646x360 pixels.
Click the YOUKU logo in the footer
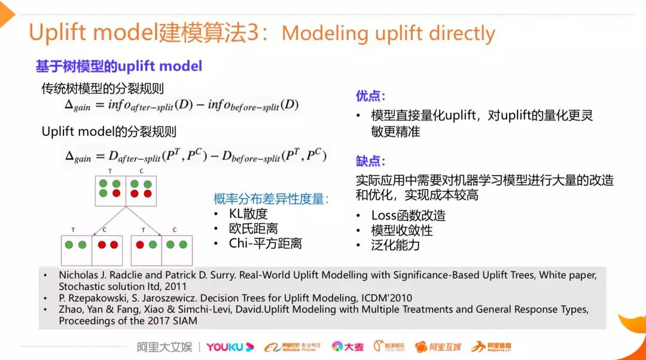pyautogui.click(x=230, y=347)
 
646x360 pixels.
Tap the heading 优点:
pyautogui.click(x=370, y=96)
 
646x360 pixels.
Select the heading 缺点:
pyautogui.click(x=370, y=161)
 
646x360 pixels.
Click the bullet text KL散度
pyautogui.click(x=248, y=213)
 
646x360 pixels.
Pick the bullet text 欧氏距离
pyautogui.click(x=253, y=228)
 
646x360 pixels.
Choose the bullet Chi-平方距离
pyautogui.click(x=265, y=243)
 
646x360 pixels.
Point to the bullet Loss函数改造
pyautogui.click(x=408, y=215)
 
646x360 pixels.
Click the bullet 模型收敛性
pyautogui.click(x=401, y=230)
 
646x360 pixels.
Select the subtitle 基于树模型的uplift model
pyautogui.click(x=119, y=66)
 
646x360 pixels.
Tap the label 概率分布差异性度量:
pyautogui.click(x=271, y=199)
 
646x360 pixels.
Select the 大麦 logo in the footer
pyautogui.click(x=348, y=347)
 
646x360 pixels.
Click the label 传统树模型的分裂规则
pyautogui.click(x=102, y=89)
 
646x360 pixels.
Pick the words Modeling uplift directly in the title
pyautogui.click(x=388, y=33)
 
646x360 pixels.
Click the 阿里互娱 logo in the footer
pyautogui.click(x=438, y=347)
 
